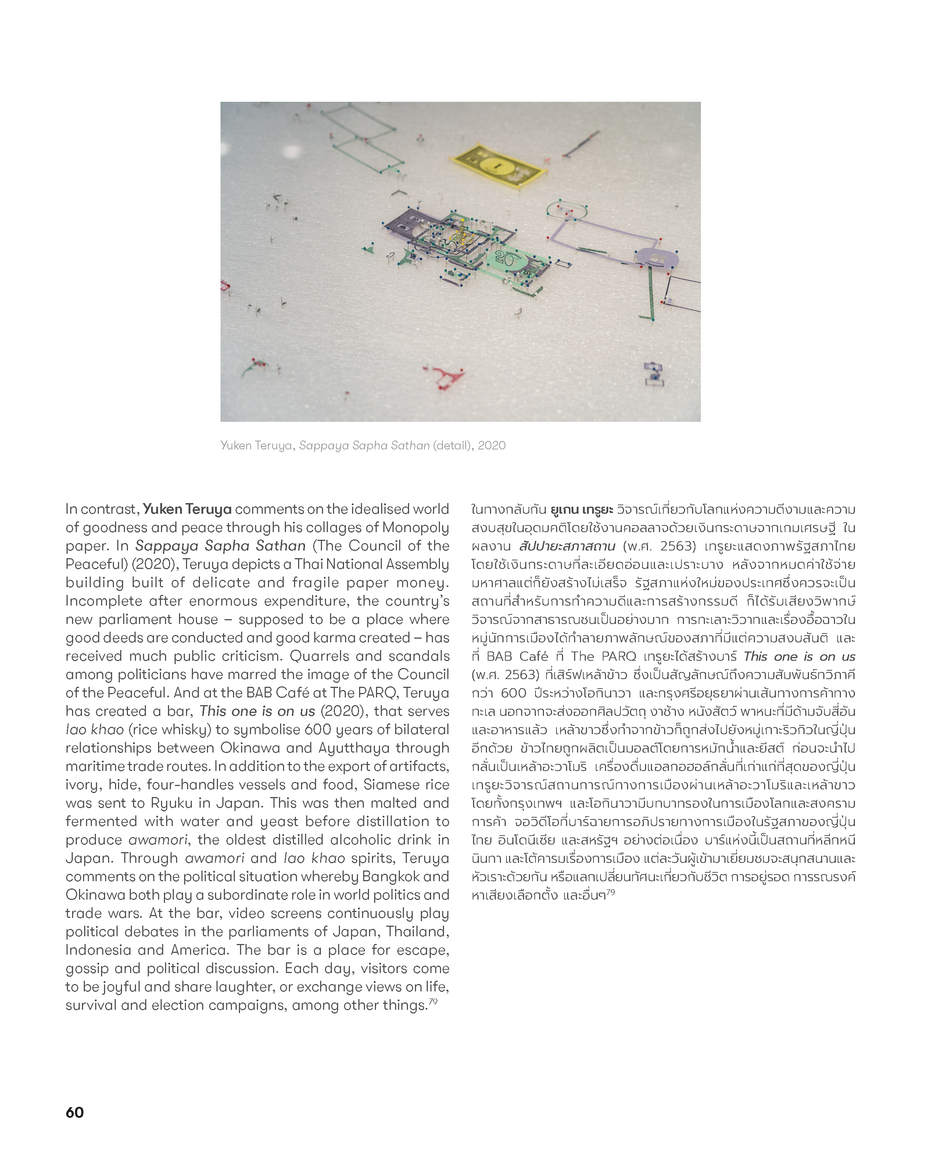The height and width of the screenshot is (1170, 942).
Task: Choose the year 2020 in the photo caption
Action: pos(492,445)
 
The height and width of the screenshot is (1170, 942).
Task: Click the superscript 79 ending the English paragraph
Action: pos(433,1002)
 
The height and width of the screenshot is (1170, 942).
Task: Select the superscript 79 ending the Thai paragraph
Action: pos(611,891)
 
